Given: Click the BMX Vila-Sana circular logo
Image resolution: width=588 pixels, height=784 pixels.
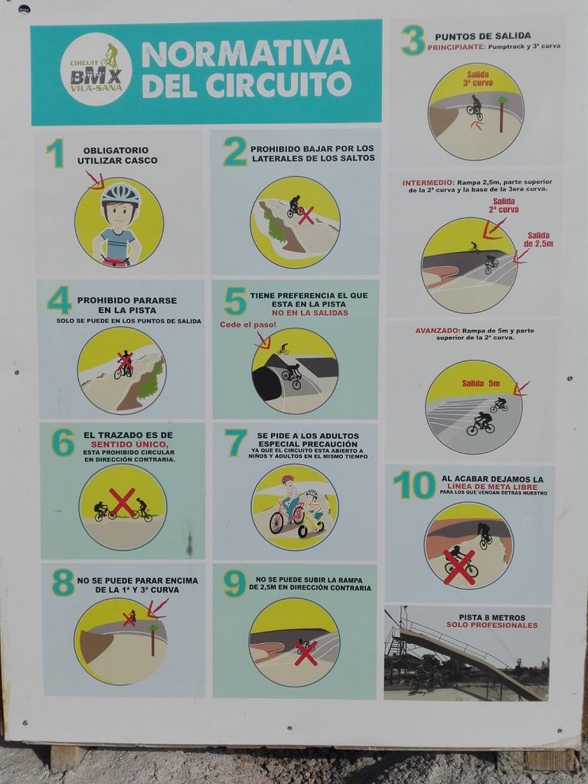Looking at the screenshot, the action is point(96,69).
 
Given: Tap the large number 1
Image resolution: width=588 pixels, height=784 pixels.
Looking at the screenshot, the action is point(57,153).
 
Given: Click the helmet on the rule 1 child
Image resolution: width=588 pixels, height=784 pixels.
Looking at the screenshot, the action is point(120,194).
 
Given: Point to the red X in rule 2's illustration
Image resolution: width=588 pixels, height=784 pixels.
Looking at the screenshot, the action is point(306,215).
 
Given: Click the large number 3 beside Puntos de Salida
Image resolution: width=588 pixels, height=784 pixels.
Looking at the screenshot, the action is point(413,40).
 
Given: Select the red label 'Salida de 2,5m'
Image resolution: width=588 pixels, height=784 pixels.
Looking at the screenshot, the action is point(538,240).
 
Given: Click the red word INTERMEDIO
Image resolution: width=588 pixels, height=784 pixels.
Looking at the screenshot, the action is point(428,183).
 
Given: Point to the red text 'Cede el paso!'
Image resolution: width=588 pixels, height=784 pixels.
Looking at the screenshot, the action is point(248,325).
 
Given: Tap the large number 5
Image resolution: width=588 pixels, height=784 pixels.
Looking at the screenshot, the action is point(235,302).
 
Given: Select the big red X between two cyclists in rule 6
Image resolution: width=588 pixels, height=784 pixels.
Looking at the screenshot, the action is point(122,501).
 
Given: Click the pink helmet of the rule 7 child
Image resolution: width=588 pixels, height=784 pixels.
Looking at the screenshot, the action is point(288,479).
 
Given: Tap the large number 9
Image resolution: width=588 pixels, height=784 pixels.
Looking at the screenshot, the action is point(234,583).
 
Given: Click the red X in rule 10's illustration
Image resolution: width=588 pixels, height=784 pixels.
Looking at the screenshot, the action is point(459,567).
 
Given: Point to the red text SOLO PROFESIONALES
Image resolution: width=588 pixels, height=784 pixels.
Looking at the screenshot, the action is point(492,625).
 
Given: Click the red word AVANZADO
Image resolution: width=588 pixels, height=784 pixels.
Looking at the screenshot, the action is point(437,331).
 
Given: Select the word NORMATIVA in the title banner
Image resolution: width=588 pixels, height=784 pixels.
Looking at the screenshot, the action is point(246,54).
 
